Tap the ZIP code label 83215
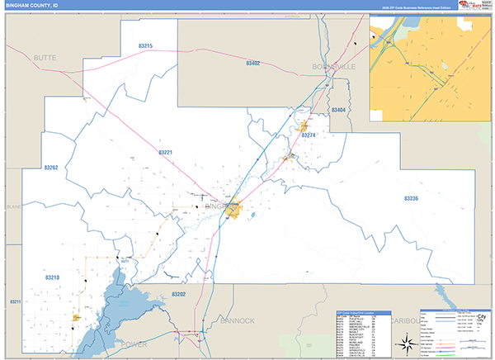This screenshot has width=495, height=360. [145, 45]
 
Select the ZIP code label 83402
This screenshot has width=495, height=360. [252, 63]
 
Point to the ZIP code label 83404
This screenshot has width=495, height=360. [338, 110]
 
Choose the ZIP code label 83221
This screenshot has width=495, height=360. [166, 152]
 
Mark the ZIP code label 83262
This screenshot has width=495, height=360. [51, 168]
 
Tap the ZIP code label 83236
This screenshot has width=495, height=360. [412, 198]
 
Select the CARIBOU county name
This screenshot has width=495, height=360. [404, 320]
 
